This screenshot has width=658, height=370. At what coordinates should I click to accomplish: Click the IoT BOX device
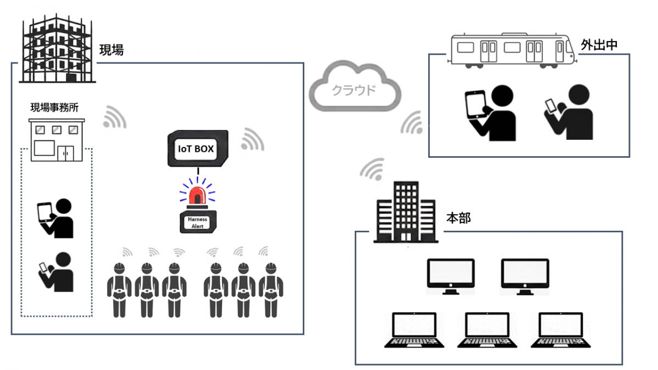[197, 149]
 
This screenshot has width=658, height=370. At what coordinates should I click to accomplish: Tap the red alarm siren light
[198, 195]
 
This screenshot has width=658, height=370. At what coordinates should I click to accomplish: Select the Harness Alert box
[198, 222]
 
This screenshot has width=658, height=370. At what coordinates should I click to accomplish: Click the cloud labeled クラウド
[354, 89]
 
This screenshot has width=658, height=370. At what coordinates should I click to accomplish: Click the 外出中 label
[599, 45]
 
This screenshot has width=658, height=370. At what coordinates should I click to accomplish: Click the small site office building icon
[56, 140]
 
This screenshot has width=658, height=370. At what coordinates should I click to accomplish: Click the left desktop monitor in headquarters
[451, 276]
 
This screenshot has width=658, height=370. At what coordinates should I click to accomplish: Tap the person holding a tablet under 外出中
[491, 113]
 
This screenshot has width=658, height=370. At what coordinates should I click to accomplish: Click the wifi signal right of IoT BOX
[252, 140]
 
